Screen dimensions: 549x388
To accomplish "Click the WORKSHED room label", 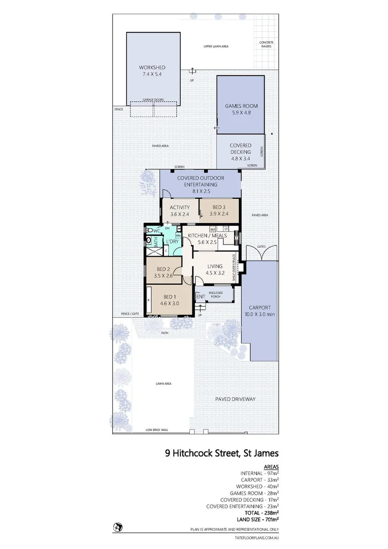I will (152, 68).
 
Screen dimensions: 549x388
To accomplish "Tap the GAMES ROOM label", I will (241, 106).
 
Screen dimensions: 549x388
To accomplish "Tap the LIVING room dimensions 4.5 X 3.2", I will (215, 272).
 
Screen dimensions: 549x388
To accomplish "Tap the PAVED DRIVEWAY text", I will (235, 399).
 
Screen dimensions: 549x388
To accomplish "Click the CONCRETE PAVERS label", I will (265, 44).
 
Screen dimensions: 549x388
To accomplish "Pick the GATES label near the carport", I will (261, 246).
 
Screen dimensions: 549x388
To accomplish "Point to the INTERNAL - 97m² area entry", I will (260, 473).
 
